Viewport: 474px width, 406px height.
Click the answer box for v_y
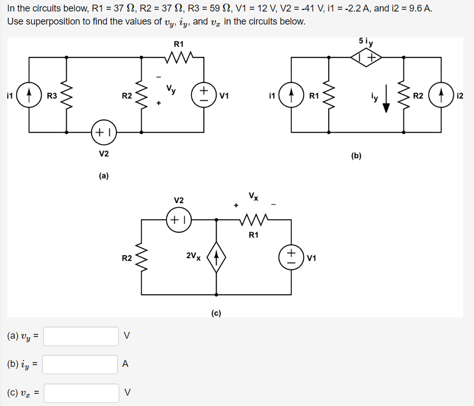point(81,336)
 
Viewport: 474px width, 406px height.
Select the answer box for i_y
point(81,364)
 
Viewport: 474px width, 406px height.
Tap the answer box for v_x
point(81,392)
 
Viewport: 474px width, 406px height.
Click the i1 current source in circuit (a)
point(29,95)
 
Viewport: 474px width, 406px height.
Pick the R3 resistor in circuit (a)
point(67,95)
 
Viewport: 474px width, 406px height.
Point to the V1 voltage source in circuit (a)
point(203,95)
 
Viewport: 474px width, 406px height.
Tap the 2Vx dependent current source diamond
point(216,257)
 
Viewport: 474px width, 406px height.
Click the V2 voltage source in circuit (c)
point(179,220)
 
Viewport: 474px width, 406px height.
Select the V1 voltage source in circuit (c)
point(291,257)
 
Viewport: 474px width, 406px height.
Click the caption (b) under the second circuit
point(356,156)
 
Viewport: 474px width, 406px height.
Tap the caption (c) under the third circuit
point(216,313)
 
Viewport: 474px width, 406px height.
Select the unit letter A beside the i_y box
point(125,364)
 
